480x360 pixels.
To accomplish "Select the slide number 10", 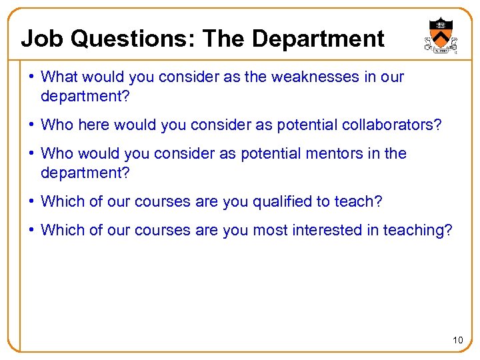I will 457,341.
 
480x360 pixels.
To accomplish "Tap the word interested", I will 333,231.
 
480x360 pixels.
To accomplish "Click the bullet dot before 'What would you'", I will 33,77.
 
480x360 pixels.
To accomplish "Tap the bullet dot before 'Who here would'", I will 33,125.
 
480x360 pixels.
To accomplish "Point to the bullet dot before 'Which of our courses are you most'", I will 33,231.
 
